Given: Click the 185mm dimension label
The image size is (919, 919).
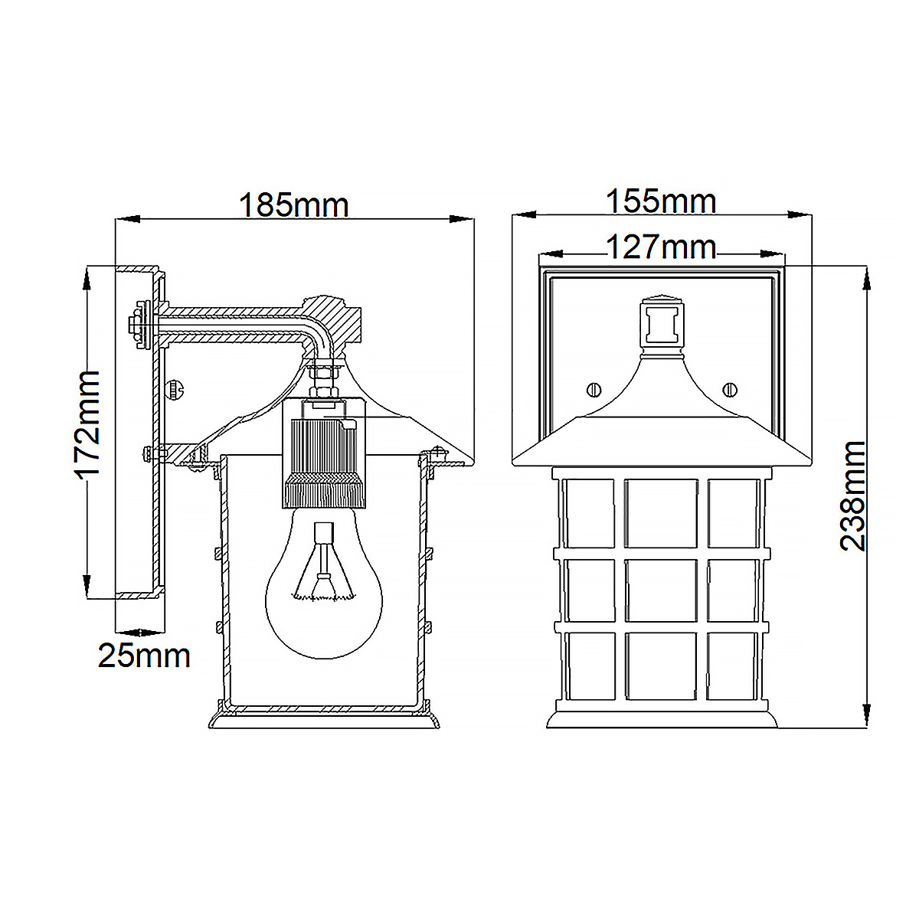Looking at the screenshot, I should (294, 205).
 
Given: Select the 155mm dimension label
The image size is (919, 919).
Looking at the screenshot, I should (661, 201).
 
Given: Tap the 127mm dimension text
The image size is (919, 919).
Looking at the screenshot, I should (661, 247).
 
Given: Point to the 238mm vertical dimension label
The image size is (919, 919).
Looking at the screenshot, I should (852, 495).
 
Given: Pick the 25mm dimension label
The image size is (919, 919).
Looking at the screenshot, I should (144, 656).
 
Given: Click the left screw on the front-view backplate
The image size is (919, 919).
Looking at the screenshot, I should (594, 390).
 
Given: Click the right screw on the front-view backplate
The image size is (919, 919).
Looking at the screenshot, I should (729, 390).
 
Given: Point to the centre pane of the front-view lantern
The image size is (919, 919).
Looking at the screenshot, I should (661, 591).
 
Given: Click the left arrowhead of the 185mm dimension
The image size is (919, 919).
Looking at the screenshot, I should (126, 220).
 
